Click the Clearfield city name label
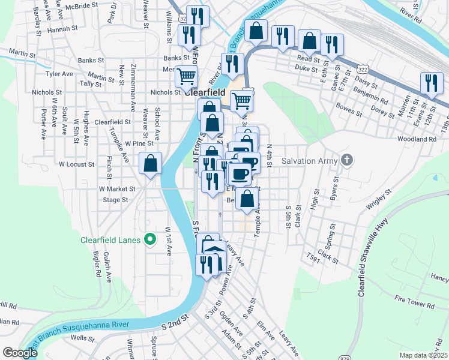coord(205,93)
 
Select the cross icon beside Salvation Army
coord(346,160)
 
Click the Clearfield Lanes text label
coord(111,240)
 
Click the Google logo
coord(20,353)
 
